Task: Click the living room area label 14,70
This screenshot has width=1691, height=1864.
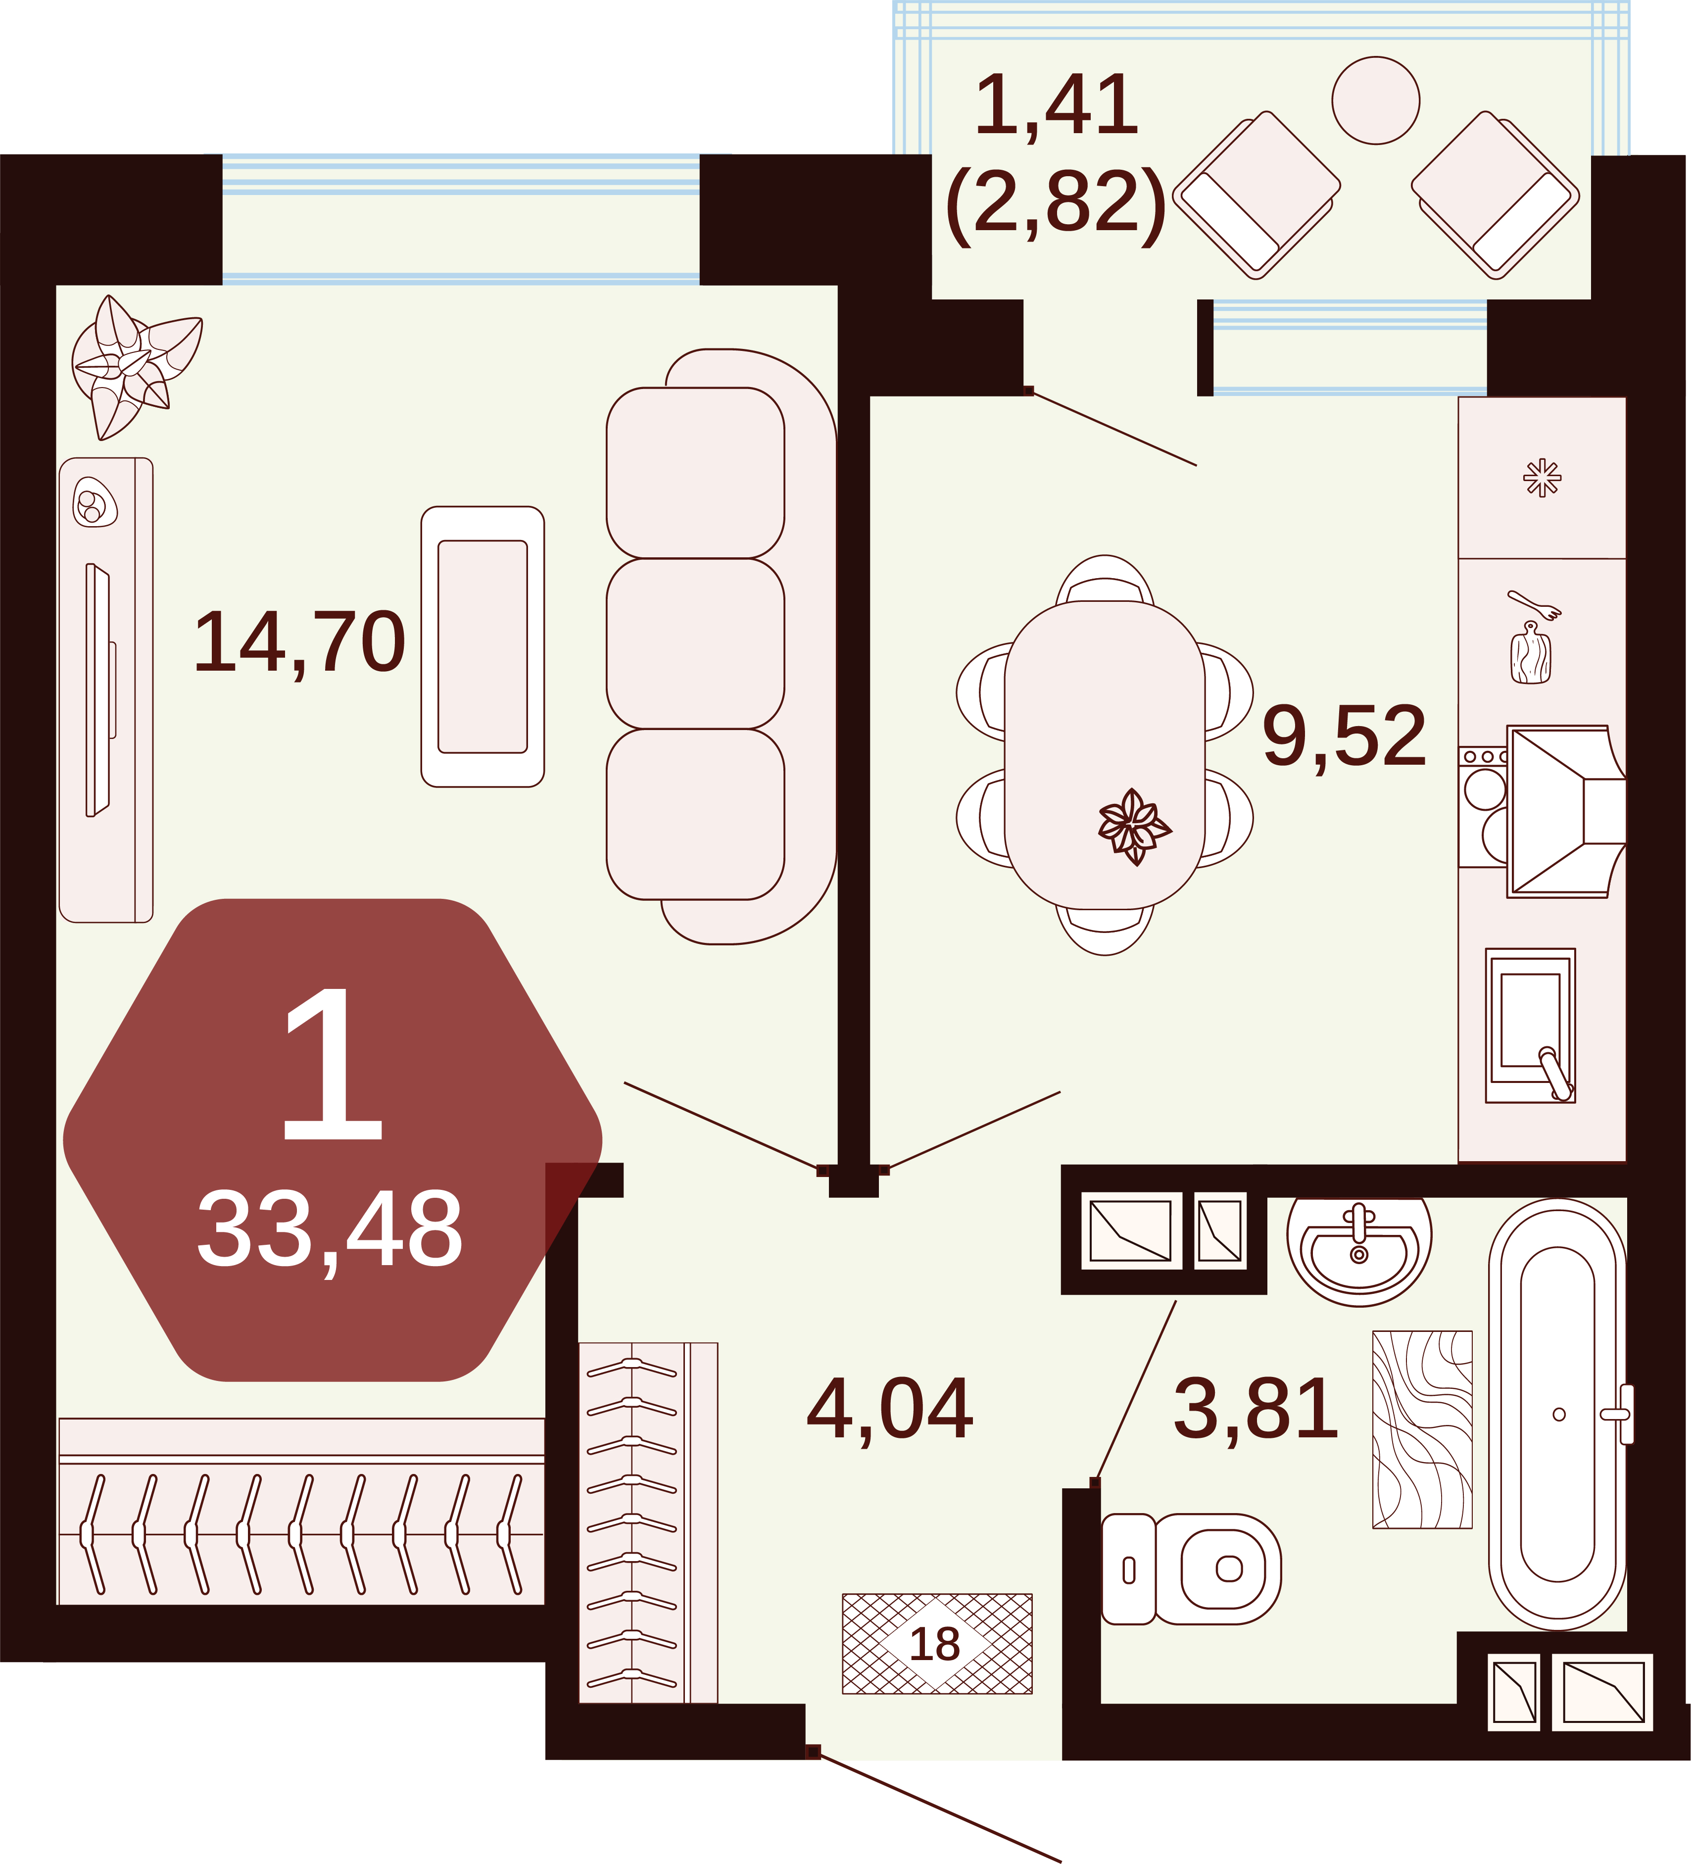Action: pos(298,642)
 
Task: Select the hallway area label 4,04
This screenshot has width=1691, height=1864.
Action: pos(889,1408)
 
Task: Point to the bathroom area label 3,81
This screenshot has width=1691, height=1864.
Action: pos(1256,1408)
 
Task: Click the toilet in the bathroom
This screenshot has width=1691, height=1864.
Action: pos(1191,1569)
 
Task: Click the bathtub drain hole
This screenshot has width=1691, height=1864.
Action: pos(1559,1415)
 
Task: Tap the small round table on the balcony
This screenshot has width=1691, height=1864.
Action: pos(1376,100)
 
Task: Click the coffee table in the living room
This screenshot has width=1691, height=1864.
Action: pos(483,646)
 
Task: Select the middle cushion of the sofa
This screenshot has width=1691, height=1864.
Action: pos(695,643)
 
